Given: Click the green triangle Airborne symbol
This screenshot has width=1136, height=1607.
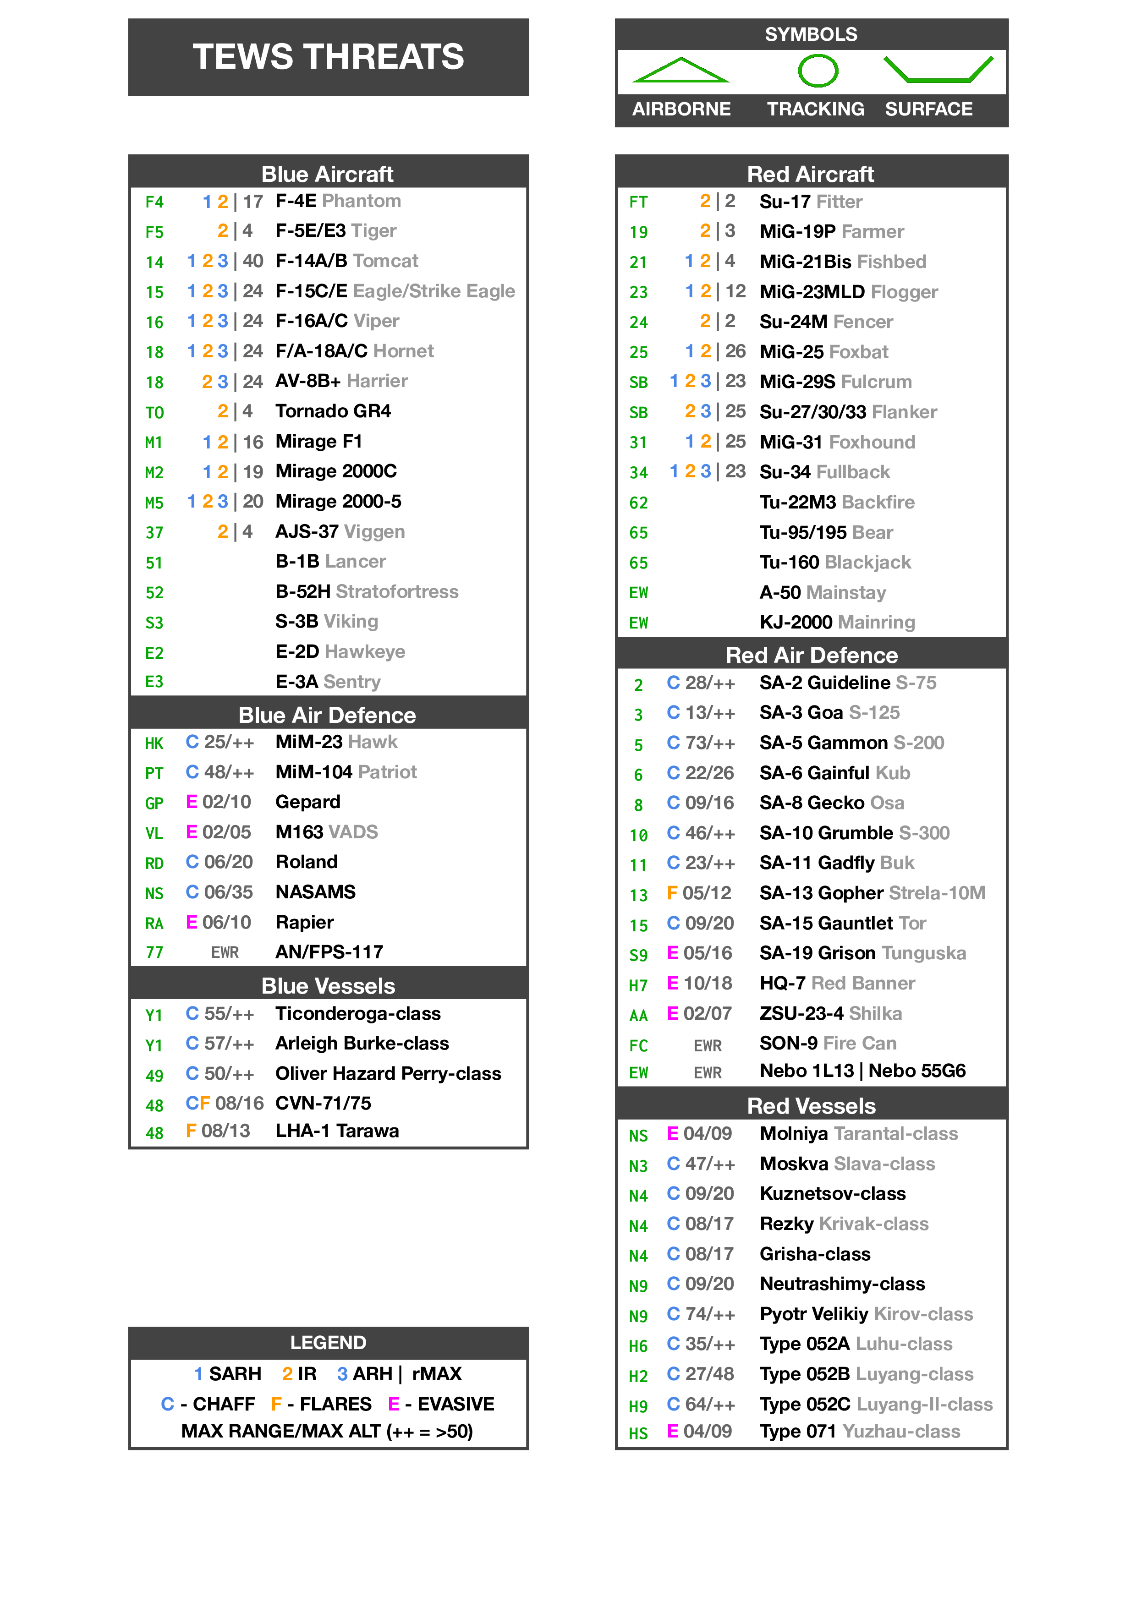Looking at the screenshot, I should point(681,71).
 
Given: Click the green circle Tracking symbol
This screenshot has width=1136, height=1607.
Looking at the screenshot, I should point(818,71).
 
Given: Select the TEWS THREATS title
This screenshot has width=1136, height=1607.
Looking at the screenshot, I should point(328,57).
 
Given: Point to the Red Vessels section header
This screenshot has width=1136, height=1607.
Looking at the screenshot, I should point(811,1105).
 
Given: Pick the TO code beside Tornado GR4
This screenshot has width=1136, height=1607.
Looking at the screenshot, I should point(155,412).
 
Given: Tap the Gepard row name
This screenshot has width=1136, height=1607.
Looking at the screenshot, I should point(308,802).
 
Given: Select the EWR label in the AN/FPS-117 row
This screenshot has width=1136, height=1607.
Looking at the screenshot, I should point(225,952).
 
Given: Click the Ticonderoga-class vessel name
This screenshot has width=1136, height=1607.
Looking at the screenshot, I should point(358,1013).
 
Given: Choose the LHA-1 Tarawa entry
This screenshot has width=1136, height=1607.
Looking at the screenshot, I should point(337,1131).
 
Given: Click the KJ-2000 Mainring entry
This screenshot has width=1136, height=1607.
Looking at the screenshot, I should point(837,622).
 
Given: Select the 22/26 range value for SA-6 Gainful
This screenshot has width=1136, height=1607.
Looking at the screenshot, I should point(709,773).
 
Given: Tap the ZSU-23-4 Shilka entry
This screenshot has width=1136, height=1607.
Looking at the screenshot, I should point(831,1013).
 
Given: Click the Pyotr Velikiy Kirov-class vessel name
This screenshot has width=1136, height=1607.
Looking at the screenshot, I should point(866,1314).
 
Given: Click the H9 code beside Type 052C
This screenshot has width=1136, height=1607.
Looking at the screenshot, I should point(638,1405).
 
